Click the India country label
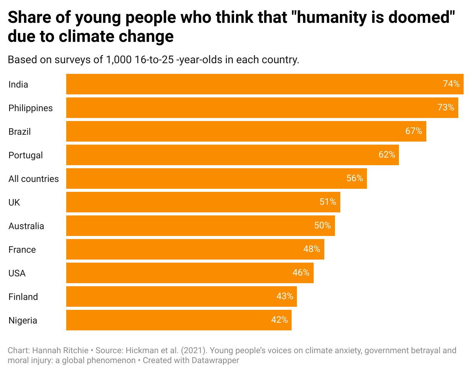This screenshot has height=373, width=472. point(18,84)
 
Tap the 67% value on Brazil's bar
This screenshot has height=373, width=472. point(413,131)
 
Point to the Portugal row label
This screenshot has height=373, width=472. point(26,155)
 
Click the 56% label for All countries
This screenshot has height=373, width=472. point(354,179)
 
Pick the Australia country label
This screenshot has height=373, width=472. point(26,226)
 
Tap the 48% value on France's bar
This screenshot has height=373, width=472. point(311,249)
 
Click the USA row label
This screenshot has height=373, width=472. point(17,273)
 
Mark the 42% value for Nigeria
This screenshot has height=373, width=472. point(279,320)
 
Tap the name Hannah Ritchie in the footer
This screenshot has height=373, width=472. point(61,351)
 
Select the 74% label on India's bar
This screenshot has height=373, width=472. point(451,84)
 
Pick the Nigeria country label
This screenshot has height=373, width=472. point(23,320)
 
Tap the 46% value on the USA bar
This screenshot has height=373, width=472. point(301,273)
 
